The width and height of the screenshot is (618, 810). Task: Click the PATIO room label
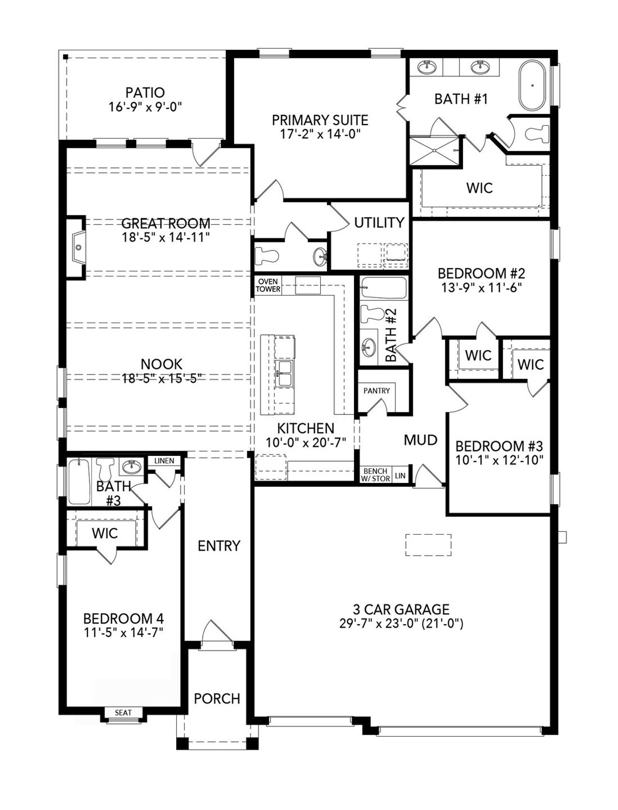145,92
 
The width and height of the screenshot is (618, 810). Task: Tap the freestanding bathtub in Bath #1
533,86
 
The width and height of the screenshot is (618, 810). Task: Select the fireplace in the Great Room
77,247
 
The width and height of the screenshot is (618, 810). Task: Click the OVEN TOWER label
267,285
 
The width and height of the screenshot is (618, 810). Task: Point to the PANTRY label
377,390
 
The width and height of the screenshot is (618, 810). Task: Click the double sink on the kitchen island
284,373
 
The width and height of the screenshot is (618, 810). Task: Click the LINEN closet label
164,461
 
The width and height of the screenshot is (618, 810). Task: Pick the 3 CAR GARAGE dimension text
401,624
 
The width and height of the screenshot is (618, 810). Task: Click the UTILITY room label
379,223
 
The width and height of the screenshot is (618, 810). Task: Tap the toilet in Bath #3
104,469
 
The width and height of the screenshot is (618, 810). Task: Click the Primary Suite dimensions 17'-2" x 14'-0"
321,134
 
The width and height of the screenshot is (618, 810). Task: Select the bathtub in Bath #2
383,288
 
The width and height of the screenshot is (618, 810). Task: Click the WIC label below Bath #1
479,188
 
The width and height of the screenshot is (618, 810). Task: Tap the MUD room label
421,440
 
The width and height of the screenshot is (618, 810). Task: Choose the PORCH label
217,698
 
